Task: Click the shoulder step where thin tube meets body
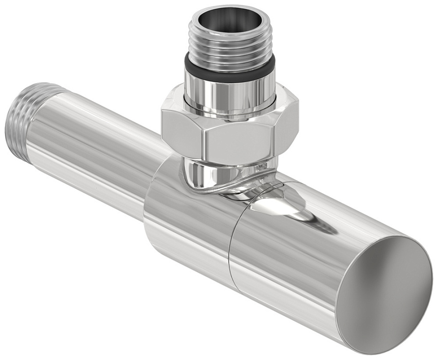151,195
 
